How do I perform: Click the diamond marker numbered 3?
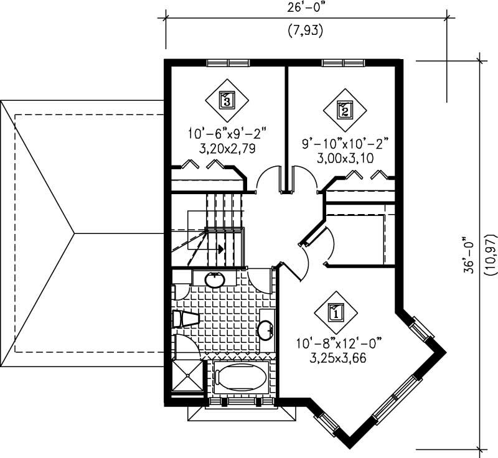click(x=227, y=100)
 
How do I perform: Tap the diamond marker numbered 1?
click(x=336, y=313)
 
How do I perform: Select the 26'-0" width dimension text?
click(x=306, y=10)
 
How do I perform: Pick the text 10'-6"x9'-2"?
click(x=227, y=134)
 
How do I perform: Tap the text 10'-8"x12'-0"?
click(x=339, y=342)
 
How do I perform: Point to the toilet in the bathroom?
click(x=185, y=320)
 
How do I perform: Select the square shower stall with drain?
click(x=187, y=373)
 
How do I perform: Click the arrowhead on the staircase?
click(x=220, y=248)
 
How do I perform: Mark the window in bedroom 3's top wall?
click(x=227, y=62)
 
